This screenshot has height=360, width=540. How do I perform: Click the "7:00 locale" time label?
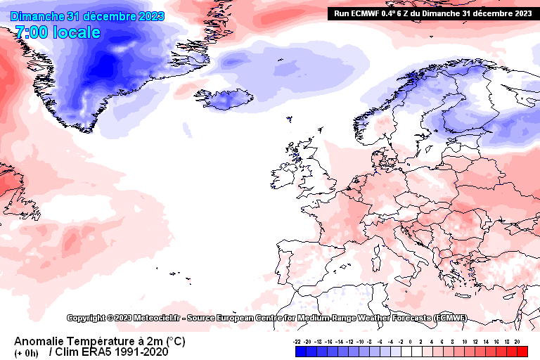58,32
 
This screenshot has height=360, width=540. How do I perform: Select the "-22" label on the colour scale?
298,341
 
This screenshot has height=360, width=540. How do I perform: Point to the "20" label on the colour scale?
517,341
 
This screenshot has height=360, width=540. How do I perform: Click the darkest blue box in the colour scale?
300,350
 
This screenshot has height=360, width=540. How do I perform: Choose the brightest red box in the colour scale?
522,350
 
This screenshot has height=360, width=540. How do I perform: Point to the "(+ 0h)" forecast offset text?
27,353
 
